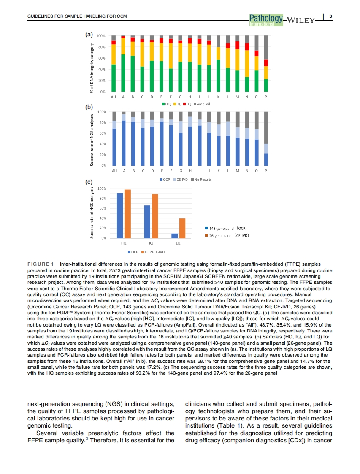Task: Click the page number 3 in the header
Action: [331, 16]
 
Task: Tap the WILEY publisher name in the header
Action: [300, 20]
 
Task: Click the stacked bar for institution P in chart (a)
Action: [266, 64]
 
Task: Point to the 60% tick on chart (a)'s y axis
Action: [102, 58]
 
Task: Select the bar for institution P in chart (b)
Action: [266, 139]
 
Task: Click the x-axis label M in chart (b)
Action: [237, 171]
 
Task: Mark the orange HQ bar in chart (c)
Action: [127, 214]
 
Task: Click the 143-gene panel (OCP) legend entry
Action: [226, 228]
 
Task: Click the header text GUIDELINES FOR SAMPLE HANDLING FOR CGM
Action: [77, 17]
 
